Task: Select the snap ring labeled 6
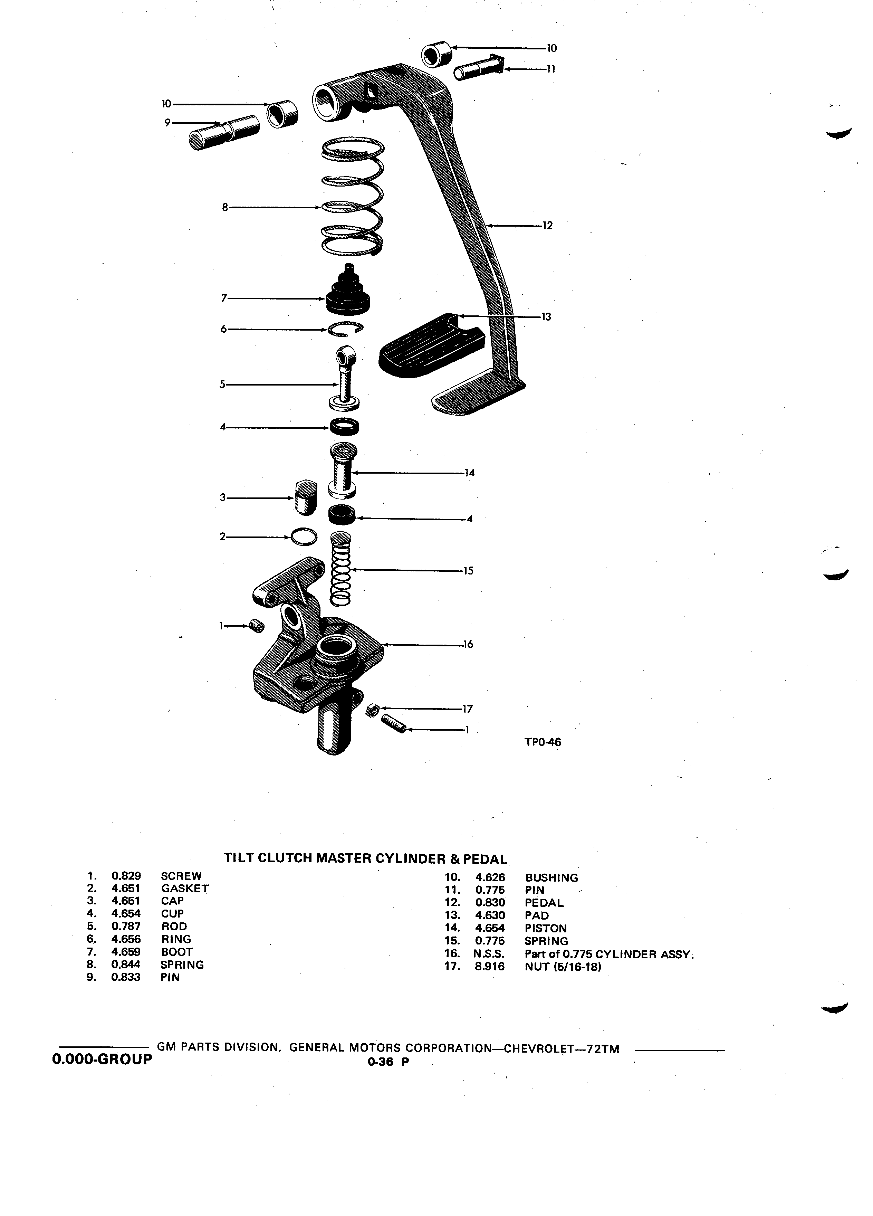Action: click(x=346, y=329)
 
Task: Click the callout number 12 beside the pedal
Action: click(x=547, y=226)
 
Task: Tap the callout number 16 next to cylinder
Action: click(x=468, y=645)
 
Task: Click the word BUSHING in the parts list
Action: click(x=551, y=878)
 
